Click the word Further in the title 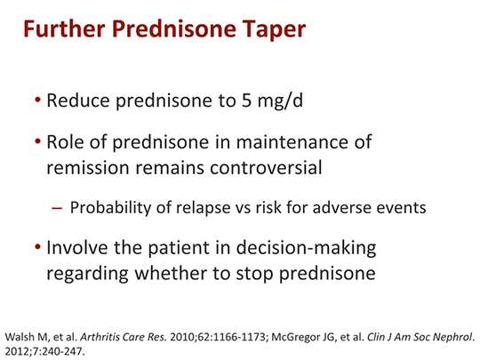click(x=64, y=28)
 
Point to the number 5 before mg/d click(x=246, y=100)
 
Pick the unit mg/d click(x=280, y=101)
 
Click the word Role click(x=65, y=141)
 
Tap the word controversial click(x=266, y=167)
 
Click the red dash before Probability click(x=57, y=208)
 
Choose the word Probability click(x=110, y=208)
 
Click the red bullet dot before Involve click(x=37, y=247)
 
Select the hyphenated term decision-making click(x=306, y=248)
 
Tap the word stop click(x=255, y=274)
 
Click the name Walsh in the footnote click(x=20, y=337)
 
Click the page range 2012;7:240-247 click(x=44, y=351)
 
